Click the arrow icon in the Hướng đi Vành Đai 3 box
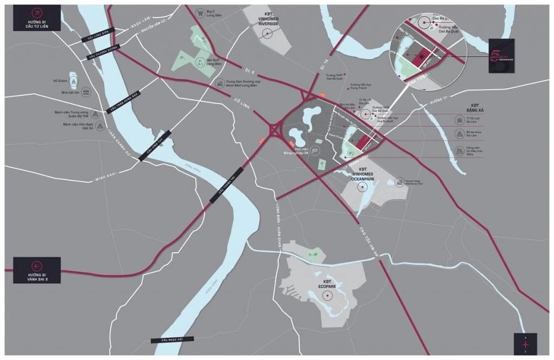pyautogui.click(x=37, y=265)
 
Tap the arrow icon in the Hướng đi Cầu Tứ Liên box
pyautogui.click(x=37, y=13)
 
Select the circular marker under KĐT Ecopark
pyautogui.click(x=327, y=296)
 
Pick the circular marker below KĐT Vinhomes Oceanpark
pyautogui.click(x=362, y=187)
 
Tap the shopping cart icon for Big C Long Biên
pyautogui.click(x=200, y=12)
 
